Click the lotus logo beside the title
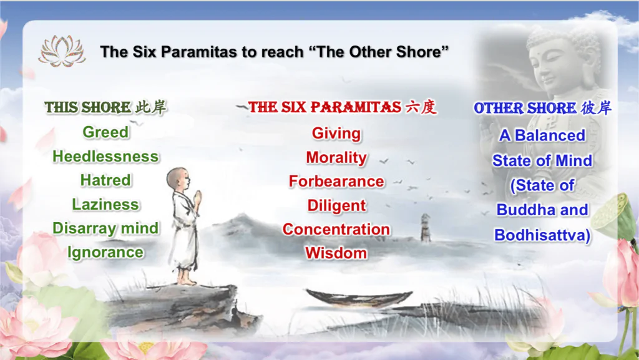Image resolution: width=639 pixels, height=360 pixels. tap(62, 51)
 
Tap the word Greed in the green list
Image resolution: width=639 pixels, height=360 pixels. tap(105, 132)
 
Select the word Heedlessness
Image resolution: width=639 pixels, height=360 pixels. tap(105, 157)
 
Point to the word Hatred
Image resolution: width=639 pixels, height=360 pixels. tap(105, 180)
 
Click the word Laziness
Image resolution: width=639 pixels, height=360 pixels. tap(105, 205)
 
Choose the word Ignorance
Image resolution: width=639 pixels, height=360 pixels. tap(105, 253)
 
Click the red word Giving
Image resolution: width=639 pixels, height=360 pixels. tap(336, 134)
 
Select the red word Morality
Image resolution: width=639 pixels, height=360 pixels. tap(336, 158)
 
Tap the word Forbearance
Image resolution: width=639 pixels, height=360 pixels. tap(336, 182)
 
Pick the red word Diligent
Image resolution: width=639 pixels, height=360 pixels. tap(336, 206)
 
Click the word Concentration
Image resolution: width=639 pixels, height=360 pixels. tap(336, 229)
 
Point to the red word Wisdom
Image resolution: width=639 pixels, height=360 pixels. tap(336, 253)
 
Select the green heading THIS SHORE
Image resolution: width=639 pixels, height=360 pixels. tap(87, 107)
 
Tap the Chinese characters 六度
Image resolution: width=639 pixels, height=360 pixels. tap(421, 107)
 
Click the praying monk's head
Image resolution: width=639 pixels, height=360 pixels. tap(178, 179)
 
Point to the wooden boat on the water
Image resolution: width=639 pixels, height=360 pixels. tap(359, 298)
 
